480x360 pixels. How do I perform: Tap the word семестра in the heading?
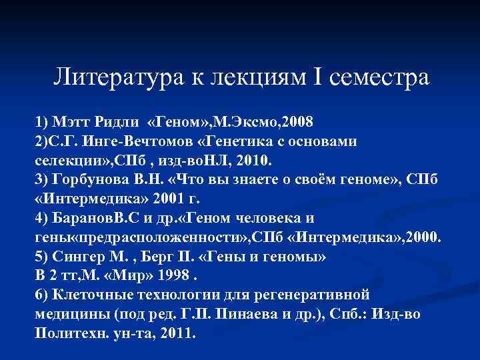point(379,77)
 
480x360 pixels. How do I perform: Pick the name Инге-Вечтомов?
point(135,142)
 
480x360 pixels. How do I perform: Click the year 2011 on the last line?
point(174,333)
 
